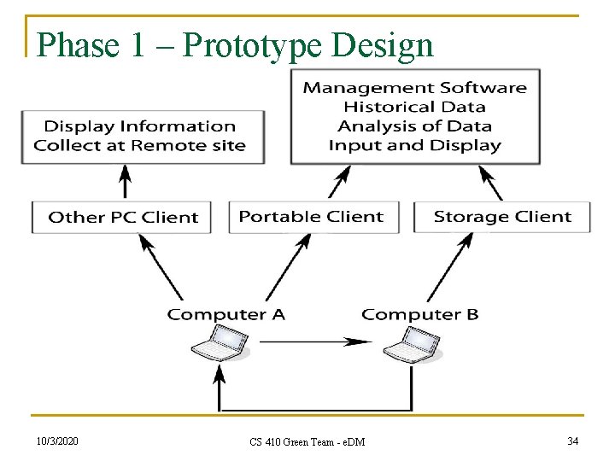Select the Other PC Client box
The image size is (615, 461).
[x=124, y=217]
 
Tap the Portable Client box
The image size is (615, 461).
[x=311, y=217]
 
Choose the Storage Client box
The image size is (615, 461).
[x=502, y=217]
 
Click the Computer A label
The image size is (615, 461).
[x=226, y=314]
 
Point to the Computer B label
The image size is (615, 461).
[x=420, y=314]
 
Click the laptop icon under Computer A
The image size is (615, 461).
[x=221, y=346]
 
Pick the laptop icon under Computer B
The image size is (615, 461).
[x=412, y=346]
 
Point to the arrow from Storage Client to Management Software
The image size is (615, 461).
[x=489, y=183]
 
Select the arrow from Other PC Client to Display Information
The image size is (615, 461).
[x=126, y=182]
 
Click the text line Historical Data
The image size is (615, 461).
[x=414, y=107]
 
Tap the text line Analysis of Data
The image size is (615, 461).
[x=414, y=125]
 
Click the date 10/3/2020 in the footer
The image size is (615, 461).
[x=58, y=441]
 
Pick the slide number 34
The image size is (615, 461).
[x=572, y=441]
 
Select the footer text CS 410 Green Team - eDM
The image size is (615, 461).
[x=307, y=441]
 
